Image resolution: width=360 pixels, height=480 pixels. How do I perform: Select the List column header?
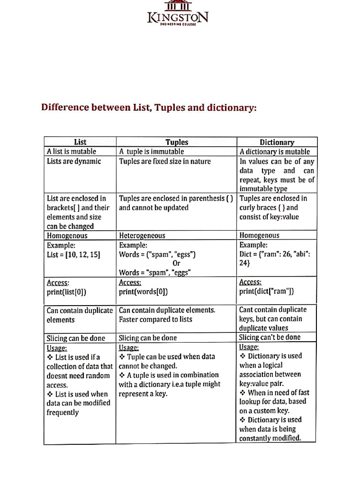80,142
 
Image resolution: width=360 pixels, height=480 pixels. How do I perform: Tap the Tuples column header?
177,142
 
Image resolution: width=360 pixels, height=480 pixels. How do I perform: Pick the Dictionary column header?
277,142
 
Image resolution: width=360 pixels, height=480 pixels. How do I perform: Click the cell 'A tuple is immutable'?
151,151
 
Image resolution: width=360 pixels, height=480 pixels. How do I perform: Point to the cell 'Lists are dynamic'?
74,161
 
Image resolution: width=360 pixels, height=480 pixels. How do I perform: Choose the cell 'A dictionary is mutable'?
275,151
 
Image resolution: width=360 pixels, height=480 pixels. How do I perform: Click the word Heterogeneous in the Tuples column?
142,235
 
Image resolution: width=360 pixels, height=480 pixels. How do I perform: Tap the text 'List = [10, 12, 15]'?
74,255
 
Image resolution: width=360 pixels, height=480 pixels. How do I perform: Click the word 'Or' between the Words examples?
176,263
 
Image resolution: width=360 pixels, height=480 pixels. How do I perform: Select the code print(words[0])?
143,292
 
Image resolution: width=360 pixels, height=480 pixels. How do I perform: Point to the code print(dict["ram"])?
267,291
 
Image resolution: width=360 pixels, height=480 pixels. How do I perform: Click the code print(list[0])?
67,292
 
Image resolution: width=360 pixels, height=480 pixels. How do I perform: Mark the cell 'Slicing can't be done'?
270,337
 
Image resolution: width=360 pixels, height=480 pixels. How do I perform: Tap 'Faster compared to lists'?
156,319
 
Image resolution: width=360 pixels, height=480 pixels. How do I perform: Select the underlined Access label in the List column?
58,283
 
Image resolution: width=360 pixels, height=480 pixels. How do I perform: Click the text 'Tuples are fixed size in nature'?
165,161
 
